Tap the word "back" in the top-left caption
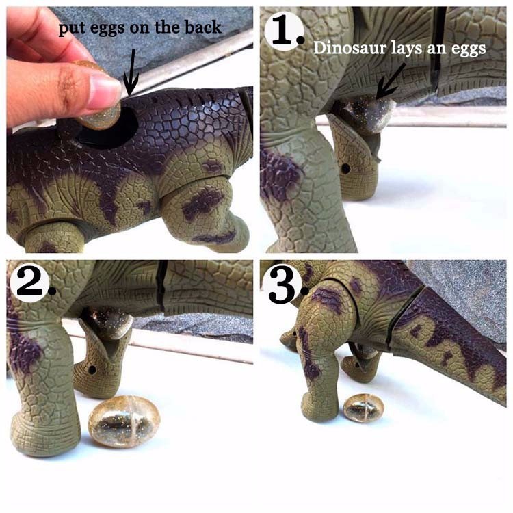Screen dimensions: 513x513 coord(203,27)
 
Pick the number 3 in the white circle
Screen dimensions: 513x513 coord(282,287)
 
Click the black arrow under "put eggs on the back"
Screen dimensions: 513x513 coord(131,73)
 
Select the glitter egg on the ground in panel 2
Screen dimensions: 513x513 coord(124,421)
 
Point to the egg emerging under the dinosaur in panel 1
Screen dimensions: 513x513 coord(367,113)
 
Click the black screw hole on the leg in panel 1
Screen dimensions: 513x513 coord(345,169)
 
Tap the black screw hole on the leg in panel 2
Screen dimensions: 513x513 coord(92,370)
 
